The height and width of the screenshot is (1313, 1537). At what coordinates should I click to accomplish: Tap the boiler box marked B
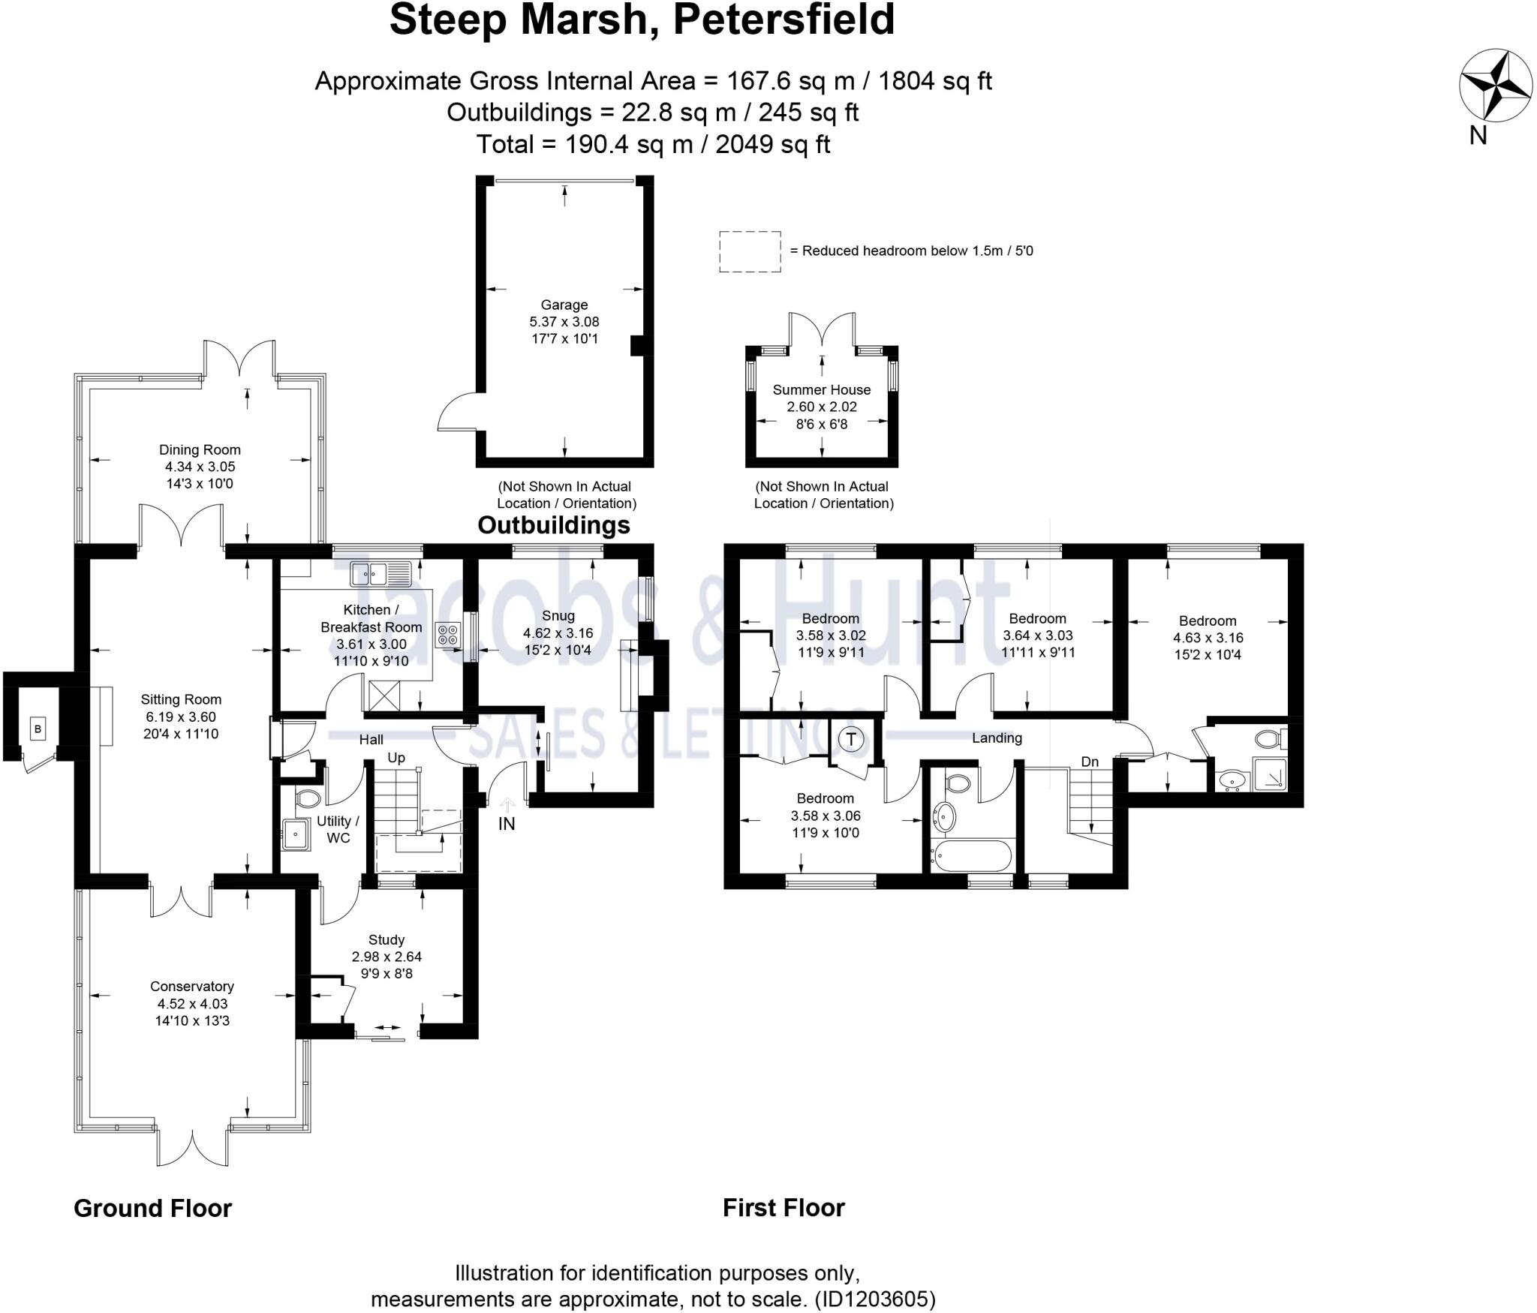click(38, 728)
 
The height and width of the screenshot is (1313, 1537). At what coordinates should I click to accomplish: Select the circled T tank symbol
click(851, 740)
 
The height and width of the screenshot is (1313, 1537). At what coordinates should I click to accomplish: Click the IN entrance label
click(507, 824)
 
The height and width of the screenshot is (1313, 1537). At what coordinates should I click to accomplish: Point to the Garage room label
click(564, 305)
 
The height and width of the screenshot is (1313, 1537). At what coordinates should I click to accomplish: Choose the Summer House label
click(822, 389)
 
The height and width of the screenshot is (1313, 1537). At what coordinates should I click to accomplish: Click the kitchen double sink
click(380, 574)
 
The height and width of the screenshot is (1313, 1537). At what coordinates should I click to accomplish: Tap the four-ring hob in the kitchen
click(449, 635)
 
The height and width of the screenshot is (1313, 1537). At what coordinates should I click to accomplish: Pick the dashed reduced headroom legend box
click(750, 251)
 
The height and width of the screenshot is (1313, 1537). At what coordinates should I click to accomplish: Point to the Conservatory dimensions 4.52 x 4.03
click(193, 1004)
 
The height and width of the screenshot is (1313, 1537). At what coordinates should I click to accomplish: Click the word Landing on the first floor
click(997, 738)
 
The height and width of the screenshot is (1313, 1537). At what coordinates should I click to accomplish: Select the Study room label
click(387, 940)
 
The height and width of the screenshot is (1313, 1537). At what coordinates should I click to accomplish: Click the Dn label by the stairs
click(1090, 762)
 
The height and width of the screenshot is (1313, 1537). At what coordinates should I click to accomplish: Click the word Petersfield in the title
click(784, 20)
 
